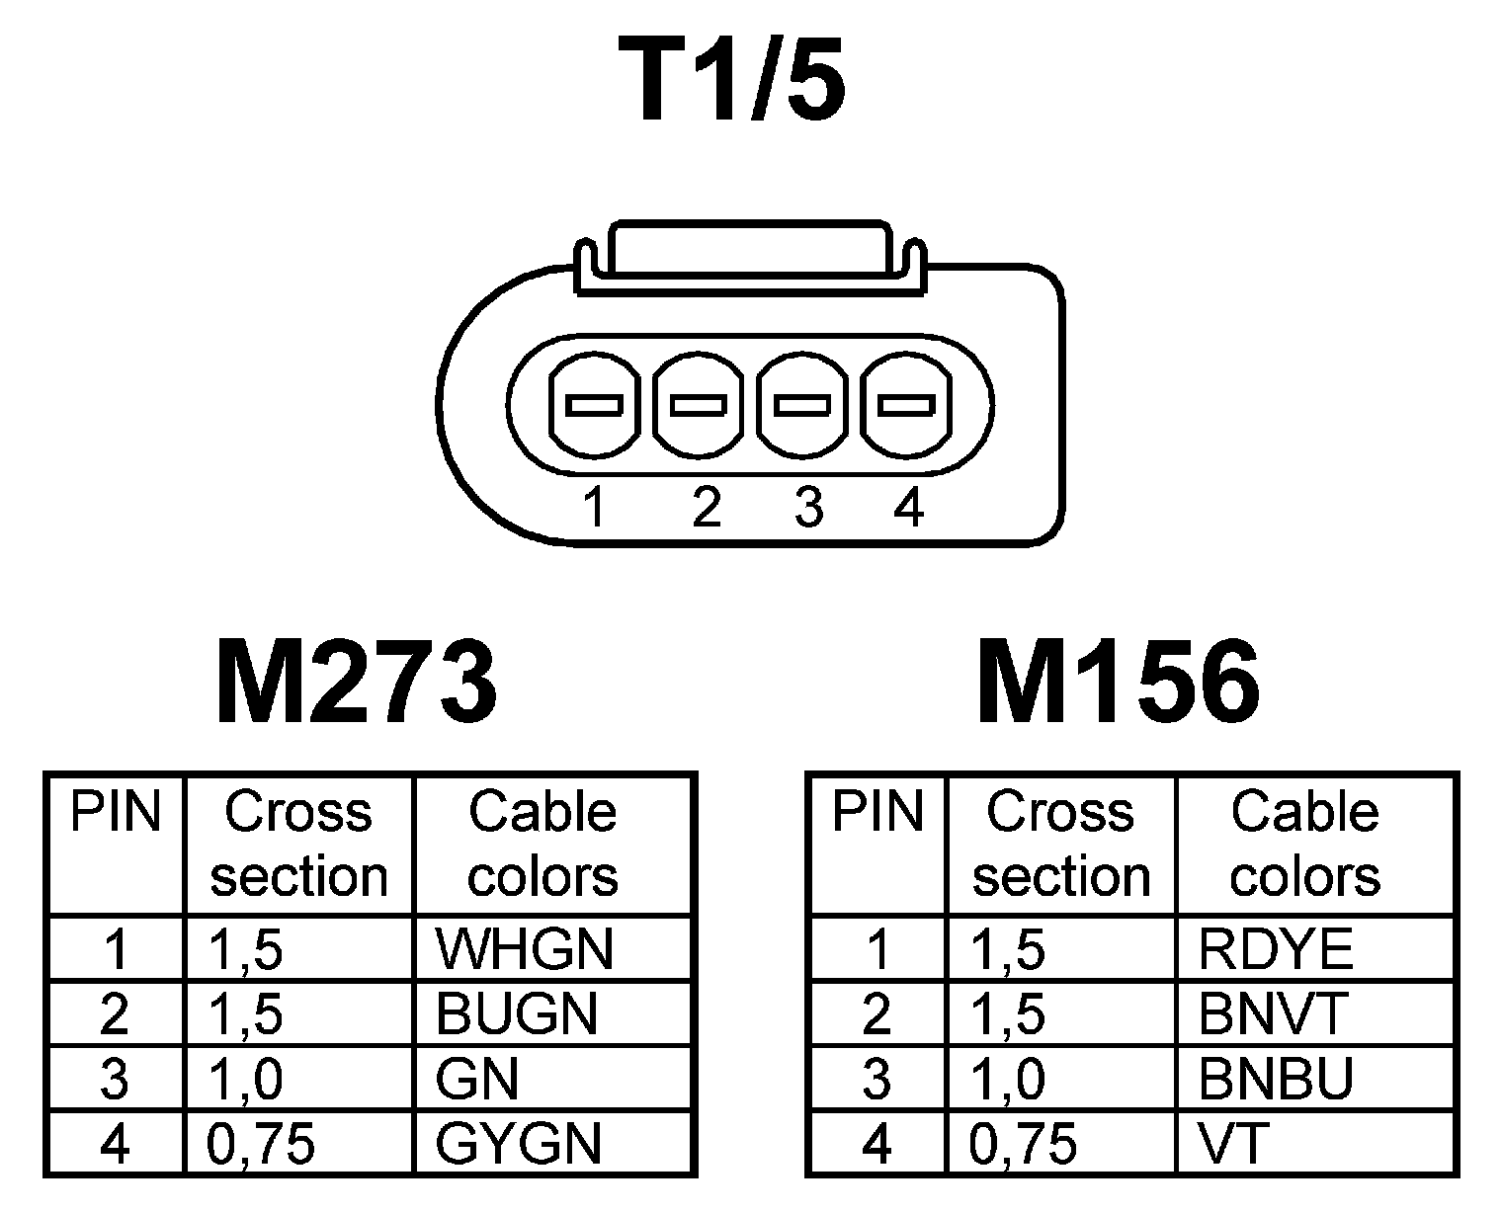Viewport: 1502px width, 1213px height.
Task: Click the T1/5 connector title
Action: [x=732, y=81]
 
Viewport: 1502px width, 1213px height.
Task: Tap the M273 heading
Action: [x=356, y=682]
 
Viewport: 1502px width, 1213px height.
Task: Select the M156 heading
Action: [x=1118, y=682]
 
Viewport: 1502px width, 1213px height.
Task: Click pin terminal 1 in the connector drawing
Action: [x=593, y=405]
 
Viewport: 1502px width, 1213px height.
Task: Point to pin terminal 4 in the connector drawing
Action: [x=907, y=405]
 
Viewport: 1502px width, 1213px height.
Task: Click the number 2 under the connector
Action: [x=706, y=509]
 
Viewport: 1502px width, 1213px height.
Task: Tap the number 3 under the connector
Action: [x=808, y=509]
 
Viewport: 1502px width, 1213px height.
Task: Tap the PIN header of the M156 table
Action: [x=877, y=812]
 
